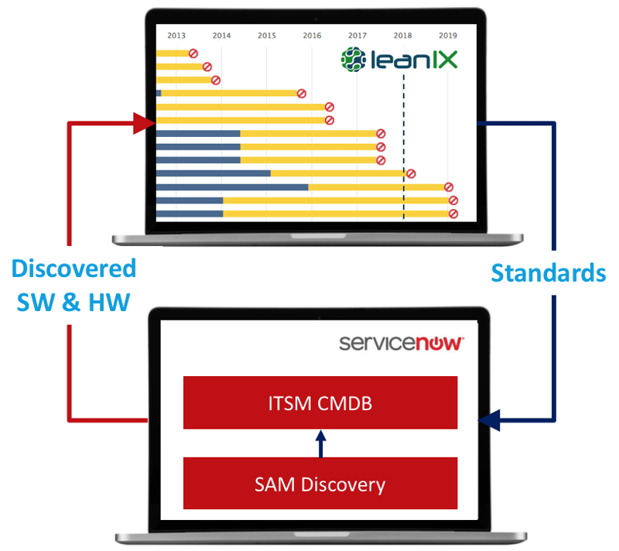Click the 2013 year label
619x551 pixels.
176,36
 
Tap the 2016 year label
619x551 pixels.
312,36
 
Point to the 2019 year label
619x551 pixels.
447,36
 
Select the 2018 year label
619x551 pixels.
402,36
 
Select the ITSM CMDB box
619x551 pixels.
320,402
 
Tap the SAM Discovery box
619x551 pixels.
320,484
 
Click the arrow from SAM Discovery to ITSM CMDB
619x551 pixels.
321,443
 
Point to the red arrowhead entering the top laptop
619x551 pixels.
143,122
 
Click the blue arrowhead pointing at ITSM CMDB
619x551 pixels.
489,421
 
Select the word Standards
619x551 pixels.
548,272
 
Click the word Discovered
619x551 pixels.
74,269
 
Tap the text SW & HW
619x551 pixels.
74,300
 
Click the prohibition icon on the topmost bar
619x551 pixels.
193,53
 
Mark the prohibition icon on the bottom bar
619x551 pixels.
454,214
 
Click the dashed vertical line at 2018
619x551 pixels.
403,116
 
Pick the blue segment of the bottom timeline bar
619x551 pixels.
190,214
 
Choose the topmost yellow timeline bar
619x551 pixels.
173,53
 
